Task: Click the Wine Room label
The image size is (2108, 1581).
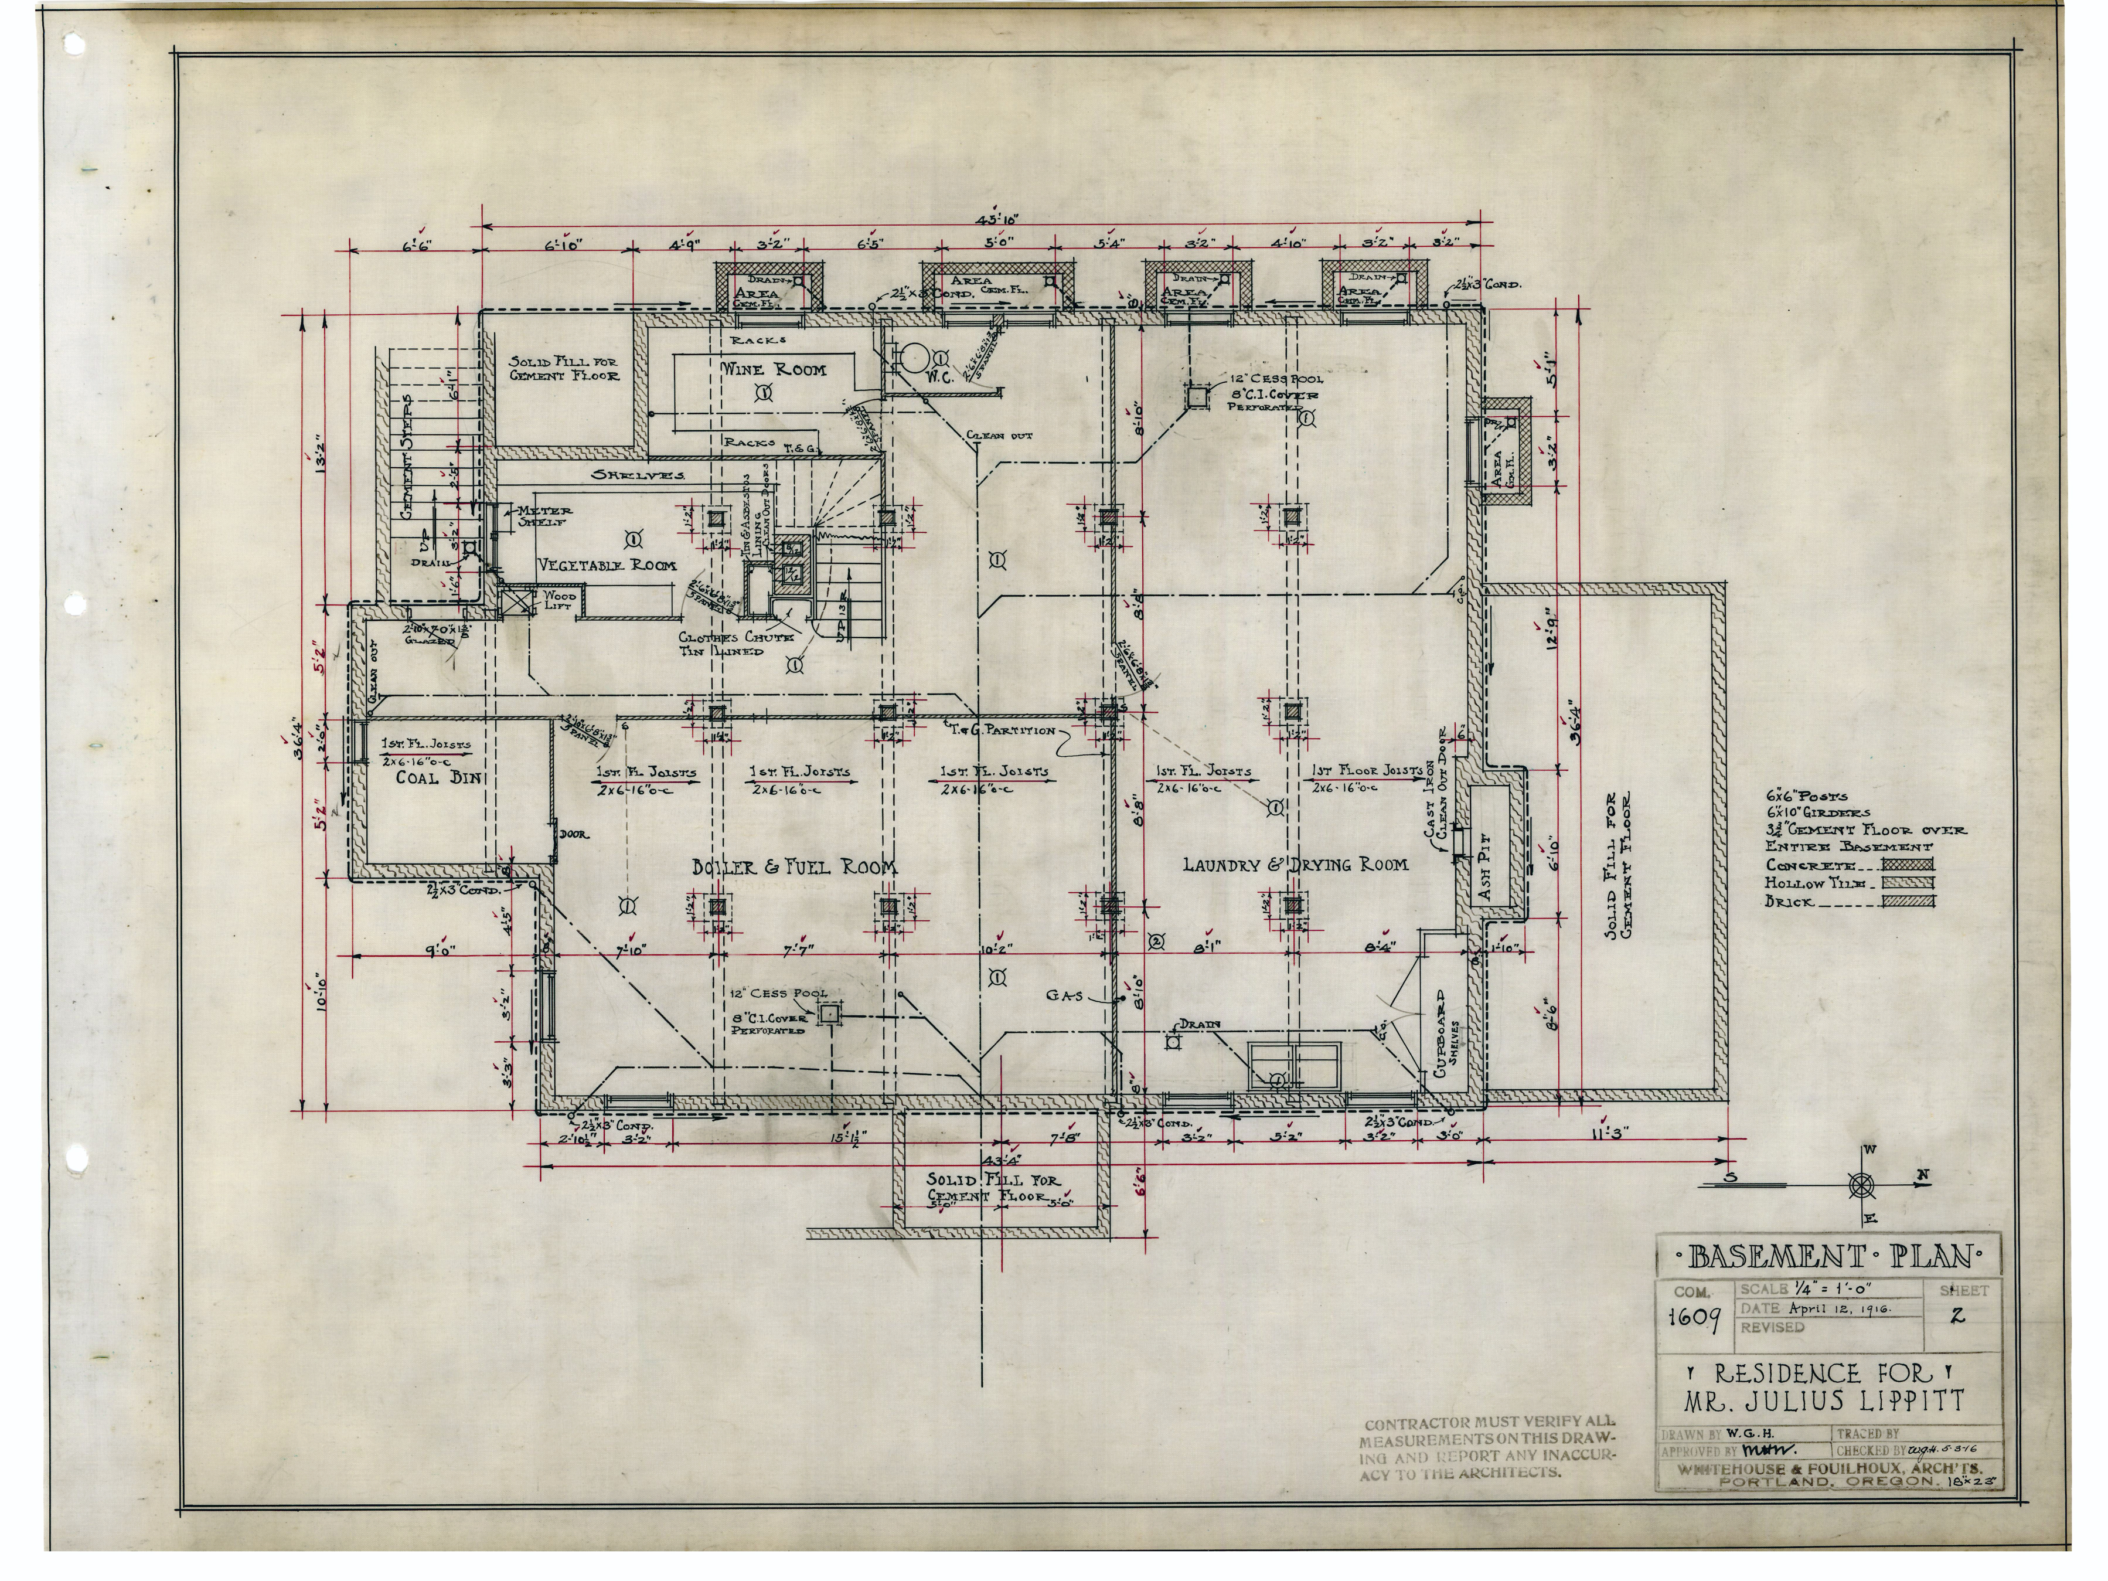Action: pos(773,370)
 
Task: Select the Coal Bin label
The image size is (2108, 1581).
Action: pos(431,778)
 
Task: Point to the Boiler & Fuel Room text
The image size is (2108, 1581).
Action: pos(794,866)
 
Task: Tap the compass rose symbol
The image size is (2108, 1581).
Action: pos(1861,1185)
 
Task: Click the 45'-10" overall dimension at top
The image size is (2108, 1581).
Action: pos(998,220)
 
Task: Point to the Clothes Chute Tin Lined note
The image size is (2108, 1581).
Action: pos(735,644)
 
